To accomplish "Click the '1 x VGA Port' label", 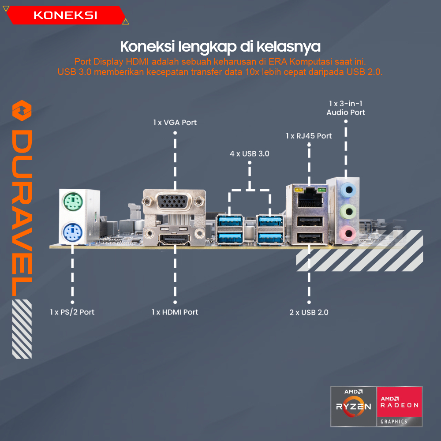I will click(175, 122).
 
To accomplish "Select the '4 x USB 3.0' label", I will click(249, 154).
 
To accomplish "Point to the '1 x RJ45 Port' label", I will click(309, 136).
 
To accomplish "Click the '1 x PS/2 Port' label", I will click(72, 312).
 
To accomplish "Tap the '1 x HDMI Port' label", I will click(175, 312).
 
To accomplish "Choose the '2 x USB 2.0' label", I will click(309, 312).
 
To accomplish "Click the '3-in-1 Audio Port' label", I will click(346, 108).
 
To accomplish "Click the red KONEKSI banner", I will click(65, 15).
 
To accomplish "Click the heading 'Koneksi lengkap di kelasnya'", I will click(220, 46).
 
